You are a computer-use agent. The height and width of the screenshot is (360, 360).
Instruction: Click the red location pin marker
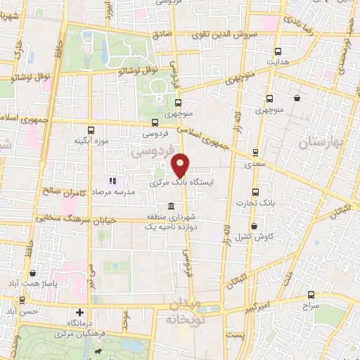click(181, 165)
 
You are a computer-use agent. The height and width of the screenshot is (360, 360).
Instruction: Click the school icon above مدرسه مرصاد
click(111, 181)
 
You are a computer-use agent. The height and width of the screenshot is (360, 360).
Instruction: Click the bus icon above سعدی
click(255, 152)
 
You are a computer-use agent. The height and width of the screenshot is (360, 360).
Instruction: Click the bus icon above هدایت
click(278, 51)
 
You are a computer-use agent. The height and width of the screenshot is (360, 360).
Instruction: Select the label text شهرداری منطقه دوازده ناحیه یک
click(172, 222)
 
